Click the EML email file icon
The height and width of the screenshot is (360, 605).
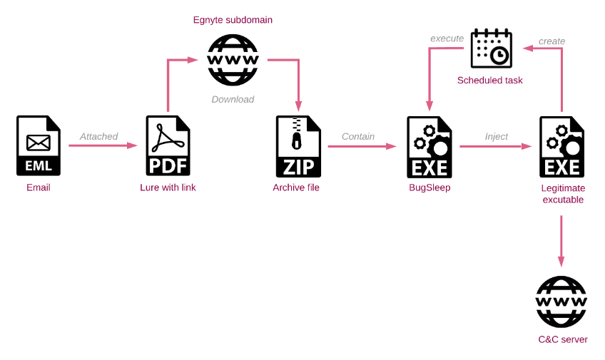pos(39,145)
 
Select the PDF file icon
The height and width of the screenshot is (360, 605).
pos(168,145)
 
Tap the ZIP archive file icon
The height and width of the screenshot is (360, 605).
pos(298,146)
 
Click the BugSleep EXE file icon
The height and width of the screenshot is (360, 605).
pos(429,148)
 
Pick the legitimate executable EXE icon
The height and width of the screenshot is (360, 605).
pos(561,148)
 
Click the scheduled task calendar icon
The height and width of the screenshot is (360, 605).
pos(491,48)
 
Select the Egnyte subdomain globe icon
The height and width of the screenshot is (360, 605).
pos(233,60)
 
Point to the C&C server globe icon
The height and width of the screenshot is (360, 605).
pos(561,302)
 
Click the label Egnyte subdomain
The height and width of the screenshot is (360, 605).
pos(233,20)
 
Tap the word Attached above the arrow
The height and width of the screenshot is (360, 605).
pos(98,136)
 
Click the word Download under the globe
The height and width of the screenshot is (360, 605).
pos(233,99)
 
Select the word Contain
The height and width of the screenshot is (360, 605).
pos(358,136)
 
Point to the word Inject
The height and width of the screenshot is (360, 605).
pos(496,136)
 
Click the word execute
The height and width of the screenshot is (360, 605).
pos(447,38)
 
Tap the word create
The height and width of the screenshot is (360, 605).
pos(551,41)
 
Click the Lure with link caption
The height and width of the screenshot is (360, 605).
pos(168,187)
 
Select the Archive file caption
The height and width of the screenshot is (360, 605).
pos(296,187)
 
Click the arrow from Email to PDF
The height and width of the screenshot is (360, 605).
pos(103,145)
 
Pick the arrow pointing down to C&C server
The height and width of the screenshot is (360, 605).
pos(561,241)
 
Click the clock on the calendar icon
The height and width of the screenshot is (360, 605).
pos(500,56)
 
